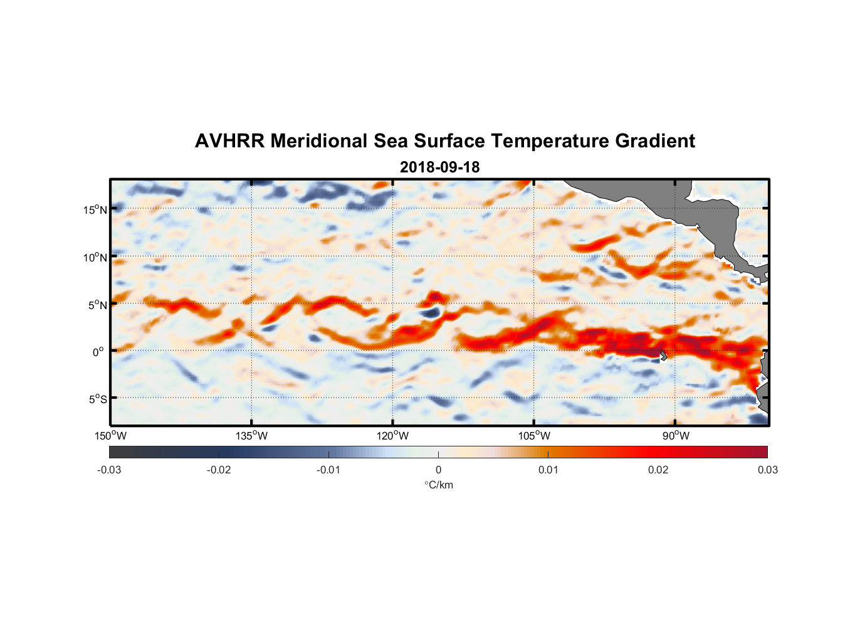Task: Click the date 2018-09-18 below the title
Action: (x=439, y=167)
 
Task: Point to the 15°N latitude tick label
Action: (x=95, y=209)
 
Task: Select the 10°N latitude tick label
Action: (x=95, y=257)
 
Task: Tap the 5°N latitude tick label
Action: (x=97, y=305)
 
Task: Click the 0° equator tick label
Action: (x=98, y=352)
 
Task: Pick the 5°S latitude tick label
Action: (x=97, y=399)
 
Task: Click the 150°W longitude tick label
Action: (x=111, y=436)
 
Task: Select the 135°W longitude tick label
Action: (x=252, y=436)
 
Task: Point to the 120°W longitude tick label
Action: (x=393, y=436)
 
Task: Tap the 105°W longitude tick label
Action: (x=534, y=436)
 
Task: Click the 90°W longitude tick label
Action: (x=676, y=436)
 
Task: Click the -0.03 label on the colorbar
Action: (x=109, y=470)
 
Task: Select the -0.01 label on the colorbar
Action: (x=328, y=470)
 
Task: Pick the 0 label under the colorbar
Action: (x=438, y=470)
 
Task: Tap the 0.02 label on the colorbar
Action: (x=658, y=470)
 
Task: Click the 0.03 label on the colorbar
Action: (x=767, y=470)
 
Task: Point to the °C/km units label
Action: (x=438, y=485)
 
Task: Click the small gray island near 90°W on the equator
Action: (x=663, y=355)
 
